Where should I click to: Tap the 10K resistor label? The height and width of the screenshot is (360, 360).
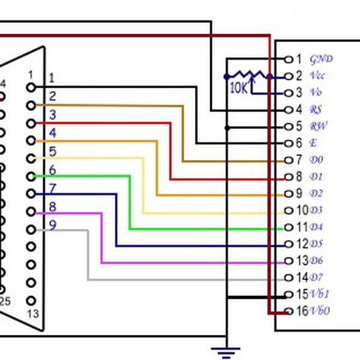[x=238, y=88]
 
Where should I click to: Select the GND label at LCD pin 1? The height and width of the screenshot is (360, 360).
[x=321, y=59]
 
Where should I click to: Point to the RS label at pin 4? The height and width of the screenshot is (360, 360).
[x=316, y=110]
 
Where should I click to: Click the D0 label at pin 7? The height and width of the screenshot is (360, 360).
[x=316, y=160]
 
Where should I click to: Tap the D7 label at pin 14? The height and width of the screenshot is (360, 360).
[x=316, y=277]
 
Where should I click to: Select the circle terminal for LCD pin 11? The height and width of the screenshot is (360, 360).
[x=287, y=227]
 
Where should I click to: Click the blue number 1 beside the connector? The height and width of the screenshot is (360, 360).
[x=52, y=77]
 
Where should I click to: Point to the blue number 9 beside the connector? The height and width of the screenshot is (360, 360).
[x=53, y=225]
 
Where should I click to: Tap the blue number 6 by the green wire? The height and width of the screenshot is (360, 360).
[x=53, y=170]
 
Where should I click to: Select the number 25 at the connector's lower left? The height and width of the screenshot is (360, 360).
[x=5, y=301]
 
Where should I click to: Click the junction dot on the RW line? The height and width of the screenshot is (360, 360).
[x=227, y=127]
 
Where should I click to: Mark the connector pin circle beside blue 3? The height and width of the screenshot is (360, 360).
[x=31, y=123]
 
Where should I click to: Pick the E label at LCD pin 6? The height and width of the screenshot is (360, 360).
[x=313, y=143]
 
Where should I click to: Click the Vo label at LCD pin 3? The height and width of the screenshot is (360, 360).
[x=316, y=93]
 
